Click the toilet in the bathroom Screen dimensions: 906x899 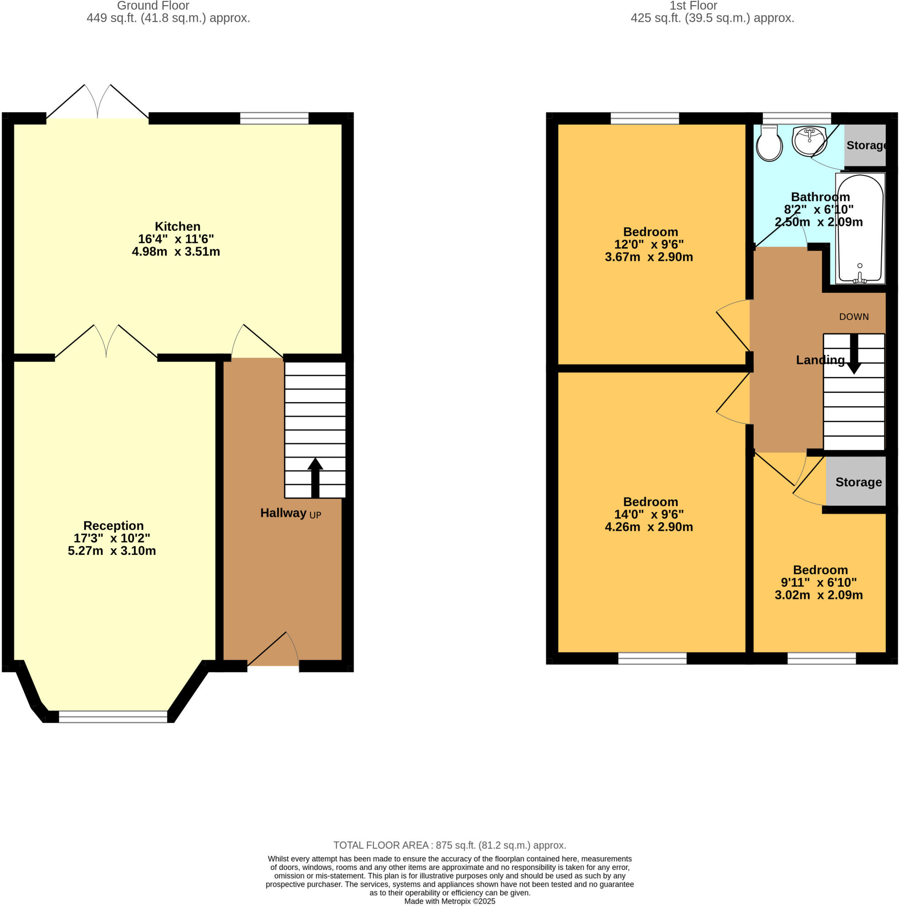click(x=769, y=144)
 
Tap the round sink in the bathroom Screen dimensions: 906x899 click(x=809, y=140)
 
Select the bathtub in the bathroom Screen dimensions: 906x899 click(x=860, y=229)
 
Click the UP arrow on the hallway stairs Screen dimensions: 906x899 click(x=315, y=477)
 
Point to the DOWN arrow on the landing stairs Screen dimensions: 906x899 click(x=854, y=354)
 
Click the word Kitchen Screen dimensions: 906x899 click(x=177, y=226)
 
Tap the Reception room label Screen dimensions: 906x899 click(x=113, y=526)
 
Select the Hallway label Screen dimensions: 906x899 click(x=283, y=513)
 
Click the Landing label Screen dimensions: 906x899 click(x=820, y=360)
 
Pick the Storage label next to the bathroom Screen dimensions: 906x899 click(x=865, y=146)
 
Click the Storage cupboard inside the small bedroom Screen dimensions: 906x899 click(x=858, y=482)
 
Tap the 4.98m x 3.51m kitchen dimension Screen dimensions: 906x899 click(x=176, y=252)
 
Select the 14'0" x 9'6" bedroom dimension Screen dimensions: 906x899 click(x=648, y=514)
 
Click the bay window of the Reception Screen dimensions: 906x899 click(x=112, y=716)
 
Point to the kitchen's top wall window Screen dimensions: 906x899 click(x=274, y=118)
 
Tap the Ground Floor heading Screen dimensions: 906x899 click(x=153, y=6)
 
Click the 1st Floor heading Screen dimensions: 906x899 click(x=693, y=6)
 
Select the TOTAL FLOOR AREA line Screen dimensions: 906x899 click(x=450, y=845)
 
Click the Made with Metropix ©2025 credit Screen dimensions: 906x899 click(x=450, y=901)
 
